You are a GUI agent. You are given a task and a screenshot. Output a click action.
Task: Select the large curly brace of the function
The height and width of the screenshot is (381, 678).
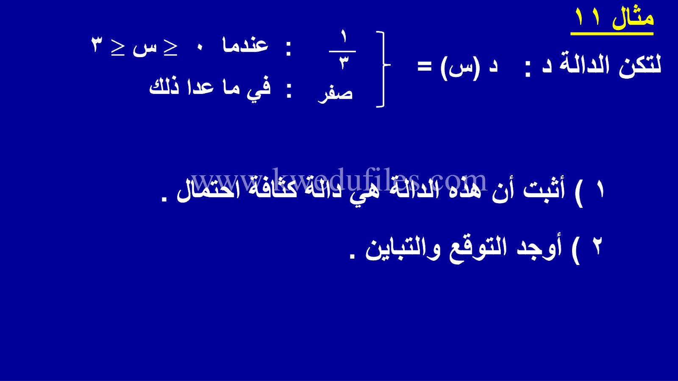point(383,69)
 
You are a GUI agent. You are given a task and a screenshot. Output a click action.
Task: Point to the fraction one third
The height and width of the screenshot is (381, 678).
point(343,50)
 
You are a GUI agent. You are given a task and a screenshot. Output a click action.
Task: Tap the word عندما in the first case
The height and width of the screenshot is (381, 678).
point(245,45)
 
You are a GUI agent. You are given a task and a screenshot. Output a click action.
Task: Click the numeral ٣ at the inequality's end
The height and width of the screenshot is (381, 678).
point(97,45)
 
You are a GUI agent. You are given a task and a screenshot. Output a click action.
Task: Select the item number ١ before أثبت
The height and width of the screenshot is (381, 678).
point(600,190)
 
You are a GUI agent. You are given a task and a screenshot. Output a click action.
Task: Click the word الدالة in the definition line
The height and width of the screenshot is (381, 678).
point(585,65)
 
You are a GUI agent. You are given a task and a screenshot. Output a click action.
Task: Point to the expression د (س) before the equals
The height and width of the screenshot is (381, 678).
point(469,68)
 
